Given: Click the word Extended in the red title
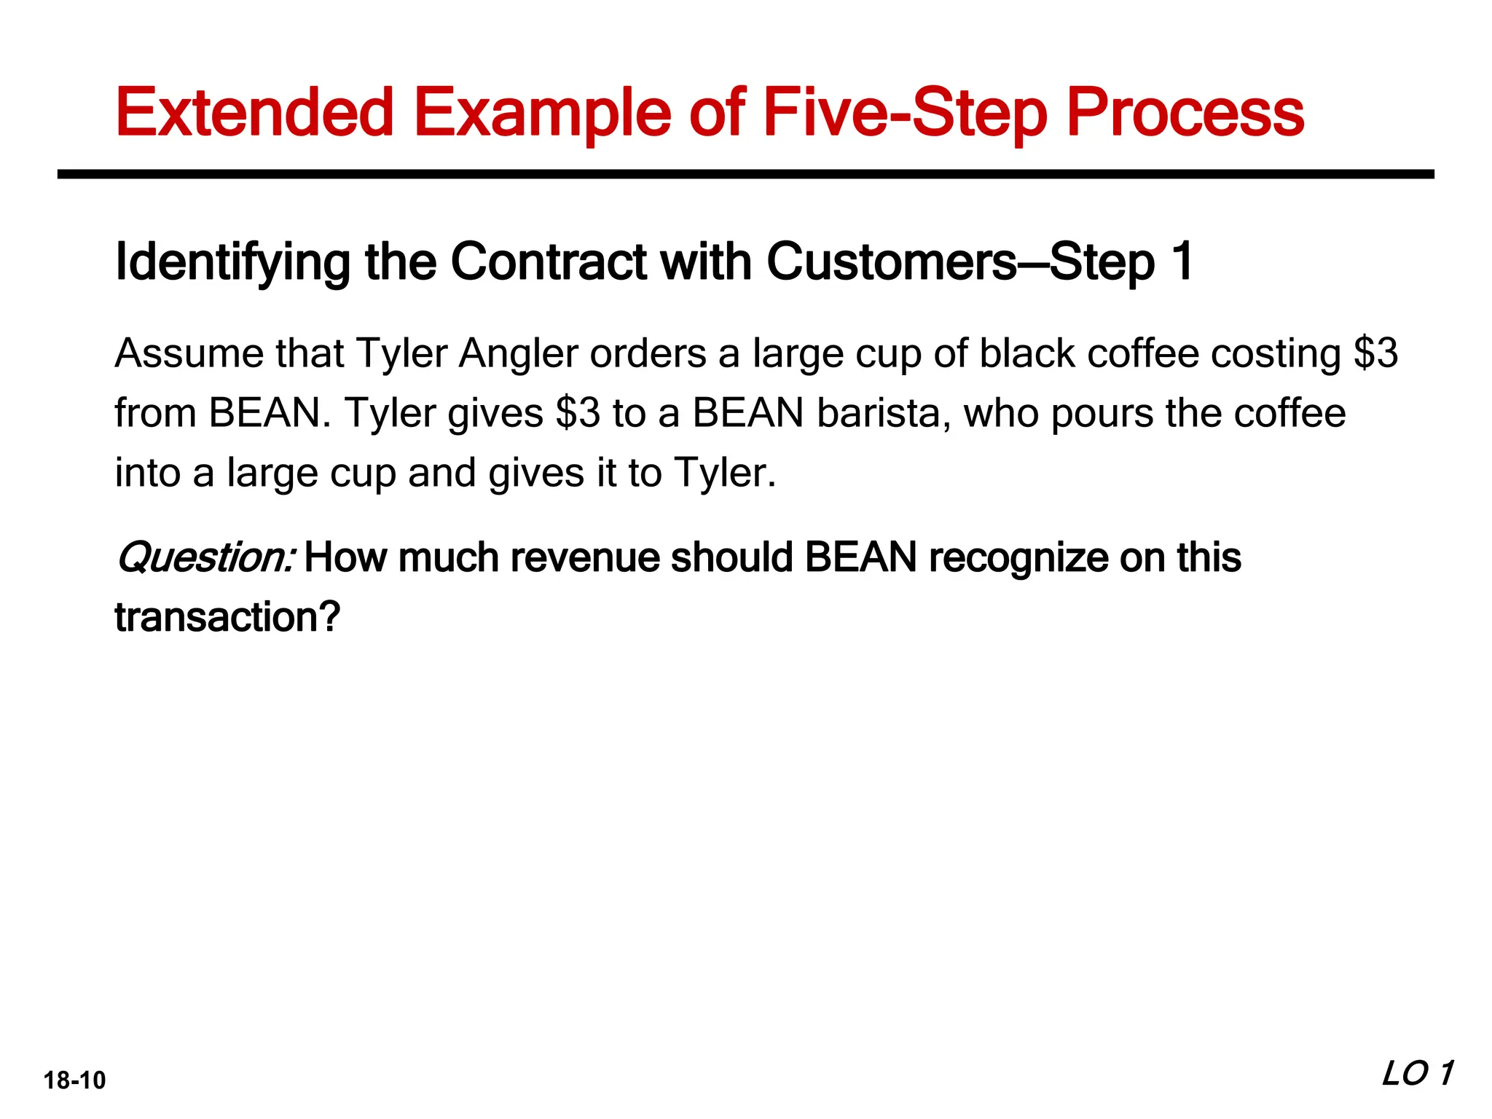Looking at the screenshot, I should click(x=254, y=113).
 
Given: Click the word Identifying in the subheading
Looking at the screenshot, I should click(x=232, y=262).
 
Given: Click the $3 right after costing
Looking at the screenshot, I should click(x=1375, y=353).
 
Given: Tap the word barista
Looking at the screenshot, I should click(x=884, y=413).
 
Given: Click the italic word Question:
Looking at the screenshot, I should click(x=205, y=559).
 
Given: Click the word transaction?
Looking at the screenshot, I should click(x=227, y=617).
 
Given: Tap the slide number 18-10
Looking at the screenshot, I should click(x=74, y=1080).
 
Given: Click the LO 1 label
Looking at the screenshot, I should click(x=1418, y=1073).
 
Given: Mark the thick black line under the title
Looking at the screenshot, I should click(x=745, y=174).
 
